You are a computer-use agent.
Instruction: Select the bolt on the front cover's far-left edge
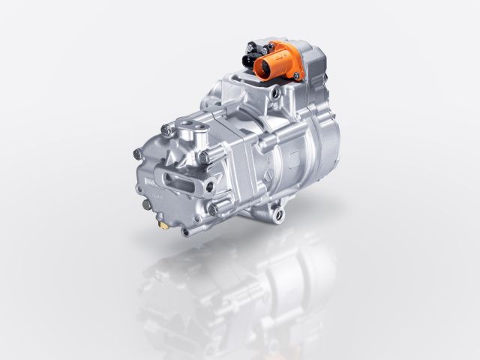coord(136,154)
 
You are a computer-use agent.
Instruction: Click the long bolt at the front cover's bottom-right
coord(215,209)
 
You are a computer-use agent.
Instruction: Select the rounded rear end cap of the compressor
coord(322,157)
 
